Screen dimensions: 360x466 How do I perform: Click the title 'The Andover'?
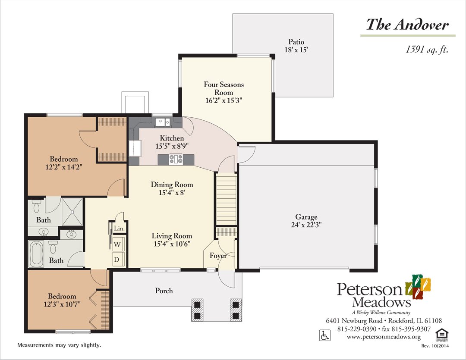(407, 24)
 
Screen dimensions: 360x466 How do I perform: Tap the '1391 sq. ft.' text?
(427, 50)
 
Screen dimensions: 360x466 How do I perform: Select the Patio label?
(296, 42)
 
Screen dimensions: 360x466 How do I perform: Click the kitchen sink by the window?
(163, 122)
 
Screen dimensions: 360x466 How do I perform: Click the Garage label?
(306, 217)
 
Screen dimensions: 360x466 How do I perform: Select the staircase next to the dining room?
(226, 199)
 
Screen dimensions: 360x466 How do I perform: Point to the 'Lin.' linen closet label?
(119, 229)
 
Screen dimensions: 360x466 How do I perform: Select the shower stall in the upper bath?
(72, 211)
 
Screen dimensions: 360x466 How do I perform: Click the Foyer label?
(218, 256)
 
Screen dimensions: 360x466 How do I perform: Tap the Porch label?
(164, 291)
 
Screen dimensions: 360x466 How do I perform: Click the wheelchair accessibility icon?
(323, 335)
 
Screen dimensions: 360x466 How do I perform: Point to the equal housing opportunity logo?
(441, 334)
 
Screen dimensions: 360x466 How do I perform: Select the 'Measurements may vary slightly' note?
(59, 345)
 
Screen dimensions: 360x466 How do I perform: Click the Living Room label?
(172, 236)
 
